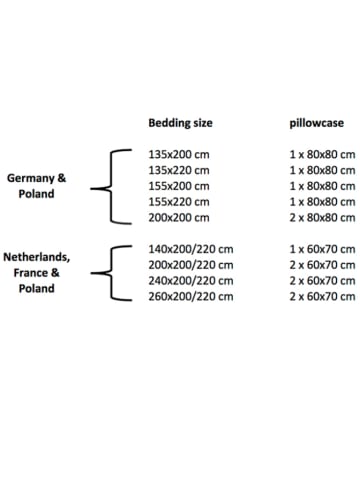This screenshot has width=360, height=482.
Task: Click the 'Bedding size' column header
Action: coord(180,123)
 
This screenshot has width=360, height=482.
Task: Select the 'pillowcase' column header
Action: coord(316,123)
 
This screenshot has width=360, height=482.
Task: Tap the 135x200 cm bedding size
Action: coord(179,155)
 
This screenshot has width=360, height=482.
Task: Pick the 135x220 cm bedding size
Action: coord(179,170)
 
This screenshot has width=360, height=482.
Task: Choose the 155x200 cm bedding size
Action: coord(179,186)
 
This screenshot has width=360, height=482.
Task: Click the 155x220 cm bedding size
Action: coord(179,202)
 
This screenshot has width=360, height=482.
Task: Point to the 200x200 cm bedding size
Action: coord(179,218)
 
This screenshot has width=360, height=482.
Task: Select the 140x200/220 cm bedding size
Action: coord(191,249)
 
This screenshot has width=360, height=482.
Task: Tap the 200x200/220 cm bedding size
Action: coord(191,265)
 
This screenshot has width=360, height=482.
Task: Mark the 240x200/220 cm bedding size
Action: coord(191,281)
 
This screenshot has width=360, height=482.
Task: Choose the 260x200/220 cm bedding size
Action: coord(191,296)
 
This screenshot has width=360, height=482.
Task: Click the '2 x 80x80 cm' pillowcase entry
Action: coord(322,218)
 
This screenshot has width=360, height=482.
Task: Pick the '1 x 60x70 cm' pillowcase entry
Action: coord(322,249)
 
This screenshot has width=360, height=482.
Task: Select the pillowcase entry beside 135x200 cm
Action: coord(322,155)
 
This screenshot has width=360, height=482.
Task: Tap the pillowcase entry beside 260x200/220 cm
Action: coord(322,296)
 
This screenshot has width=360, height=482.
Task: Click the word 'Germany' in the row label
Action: coord(31,179)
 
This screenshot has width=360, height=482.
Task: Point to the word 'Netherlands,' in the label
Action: coord(37,257)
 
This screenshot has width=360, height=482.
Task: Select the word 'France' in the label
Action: coord(30,273)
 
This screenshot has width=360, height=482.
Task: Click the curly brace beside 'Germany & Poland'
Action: coord(111,186)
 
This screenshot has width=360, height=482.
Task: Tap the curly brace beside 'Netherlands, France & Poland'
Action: coord(111,273)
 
